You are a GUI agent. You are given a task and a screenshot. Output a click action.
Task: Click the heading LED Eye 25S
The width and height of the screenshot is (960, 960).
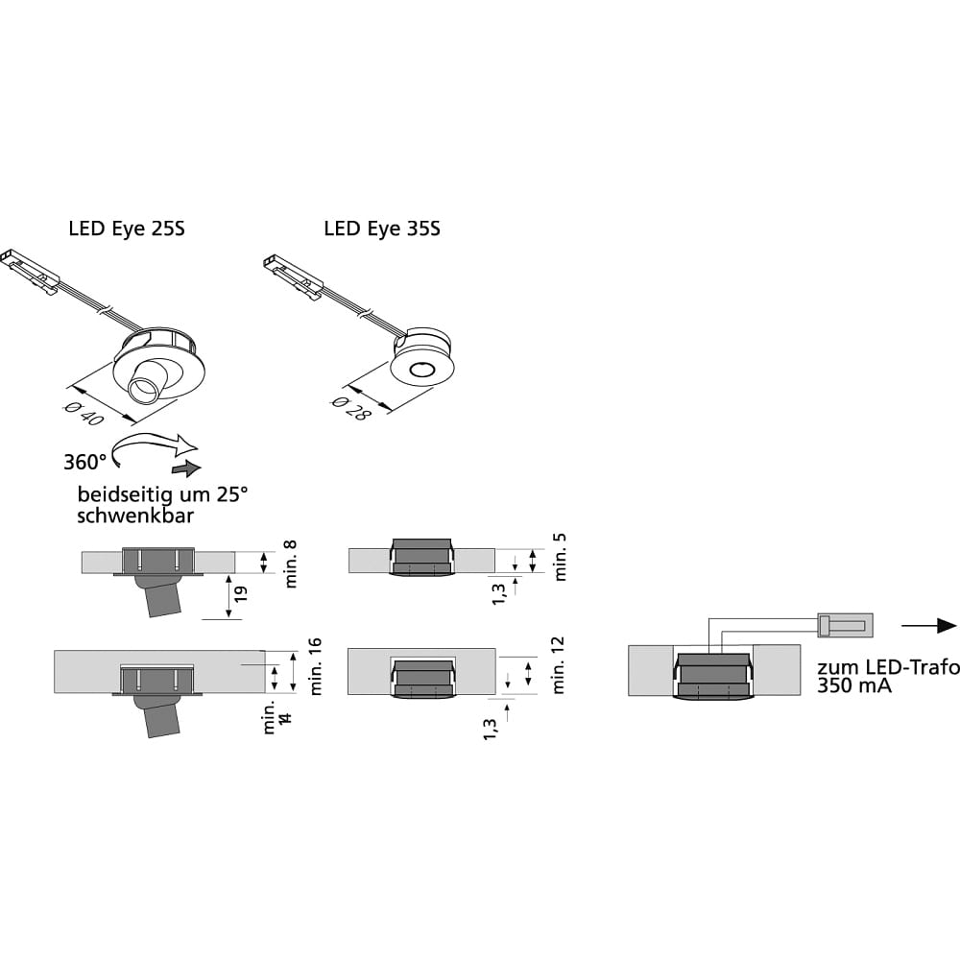[x=127, y=229]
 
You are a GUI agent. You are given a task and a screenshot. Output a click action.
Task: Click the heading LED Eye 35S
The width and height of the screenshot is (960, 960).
[x=382, y=229]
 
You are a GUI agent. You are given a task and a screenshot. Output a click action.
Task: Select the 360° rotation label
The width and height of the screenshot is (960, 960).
[x=85, y=462]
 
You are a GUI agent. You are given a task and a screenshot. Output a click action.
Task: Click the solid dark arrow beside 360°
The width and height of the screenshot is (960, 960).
[x=186, y=468]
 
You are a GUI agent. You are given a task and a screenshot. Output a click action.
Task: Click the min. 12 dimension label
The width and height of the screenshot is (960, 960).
[x=560, y=665]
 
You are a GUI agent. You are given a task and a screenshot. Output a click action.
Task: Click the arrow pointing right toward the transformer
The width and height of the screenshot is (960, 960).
[x=930, y=625]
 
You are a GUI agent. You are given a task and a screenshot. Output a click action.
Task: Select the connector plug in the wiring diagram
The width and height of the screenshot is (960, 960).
[x=844, y=626]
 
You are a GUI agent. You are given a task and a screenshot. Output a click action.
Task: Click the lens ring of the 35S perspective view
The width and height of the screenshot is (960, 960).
[x=420, y=370]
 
